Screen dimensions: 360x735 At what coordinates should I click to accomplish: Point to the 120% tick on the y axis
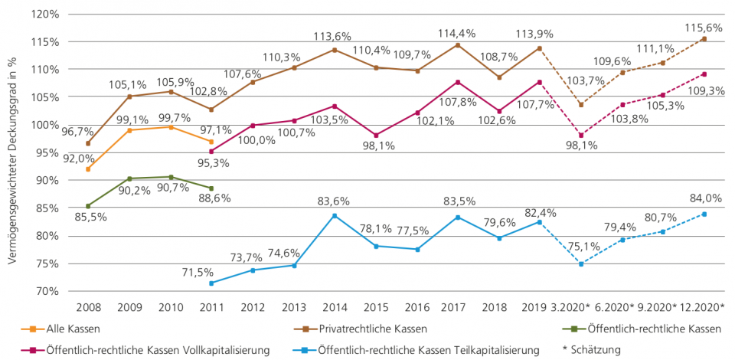[x=46, y=14]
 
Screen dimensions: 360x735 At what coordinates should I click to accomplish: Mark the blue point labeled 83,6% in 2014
[x=334, y=215]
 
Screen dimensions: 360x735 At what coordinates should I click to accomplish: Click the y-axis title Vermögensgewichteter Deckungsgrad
[x=13, y=153]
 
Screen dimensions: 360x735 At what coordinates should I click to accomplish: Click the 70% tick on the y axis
[x=47, y=292]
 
